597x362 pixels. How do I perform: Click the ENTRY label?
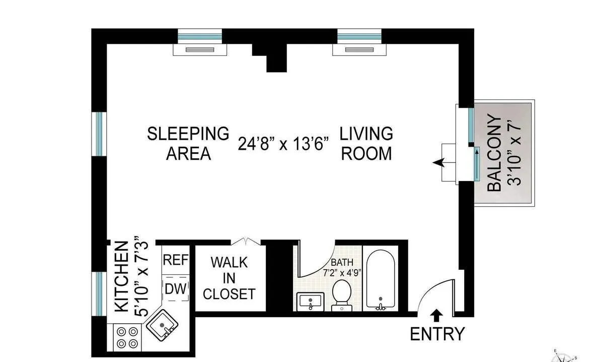[x=437, y=334]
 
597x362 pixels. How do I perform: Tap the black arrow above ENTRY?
[x=437, y=316]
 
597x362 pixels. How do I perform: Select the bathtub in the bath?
[x=381, y=280]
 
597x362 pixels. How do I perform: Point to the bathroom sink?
[x=310, y=301]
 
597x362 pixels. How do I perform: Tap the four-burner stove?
[x=127, y=337]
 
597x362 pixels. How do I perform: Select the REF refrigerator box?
[x=176, y=260]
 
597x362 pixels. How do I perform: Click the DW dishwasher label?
[x=176, y=289]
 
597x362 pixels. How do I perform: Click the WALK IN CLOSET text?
[x=229, y=278]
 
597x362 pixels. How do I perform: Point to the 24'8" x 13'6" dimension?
[x=283, y=144]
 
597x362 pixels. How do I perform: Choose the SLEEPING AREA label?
[x=188, y=143]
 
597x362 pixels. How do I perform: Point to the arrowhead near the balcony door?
[x=438, y=162]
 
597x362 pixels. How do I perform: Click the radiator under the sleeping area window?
[x=200, y=49]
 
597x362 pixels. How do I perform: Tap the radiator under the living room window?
[x=359, y=49]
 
